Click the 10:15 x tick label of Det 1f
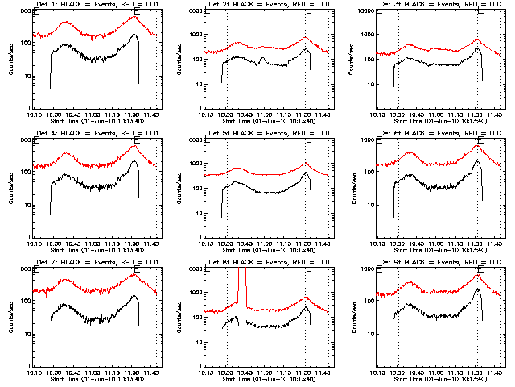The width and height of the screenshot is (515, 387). tap(35, 114)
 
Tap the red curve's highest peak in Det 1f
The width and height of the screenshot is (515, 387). tap(134, 16)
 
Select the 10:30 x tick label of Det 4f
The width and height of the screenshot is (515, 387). tap(55, 243)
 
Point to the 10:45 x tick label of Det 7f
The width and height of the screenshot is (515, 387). tap(74, 372)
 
